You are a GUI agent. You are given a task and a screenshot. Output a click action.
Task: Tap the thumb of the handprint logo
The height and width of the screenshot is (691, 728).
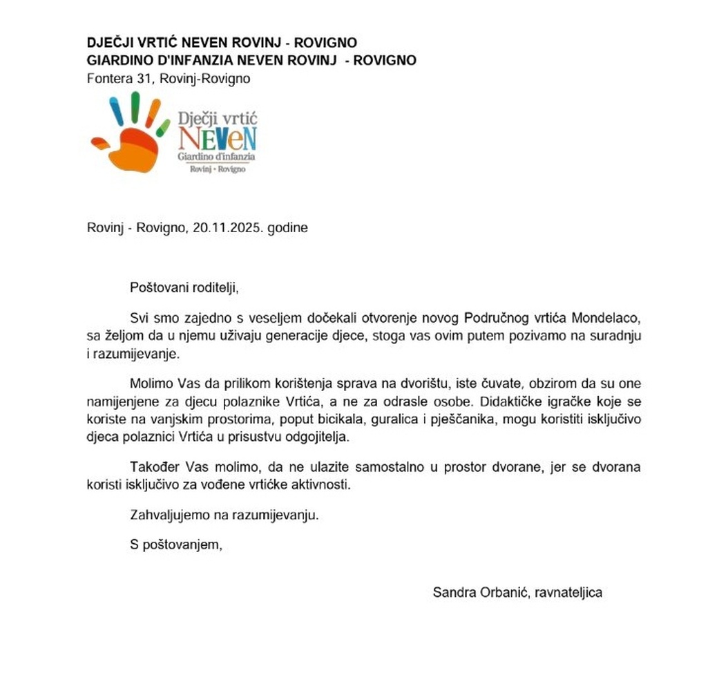tap(100, 144)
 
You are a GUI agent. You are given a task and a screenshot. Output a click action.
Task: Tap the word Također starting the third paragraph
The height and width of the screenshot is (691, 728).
tap(155, 468)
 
